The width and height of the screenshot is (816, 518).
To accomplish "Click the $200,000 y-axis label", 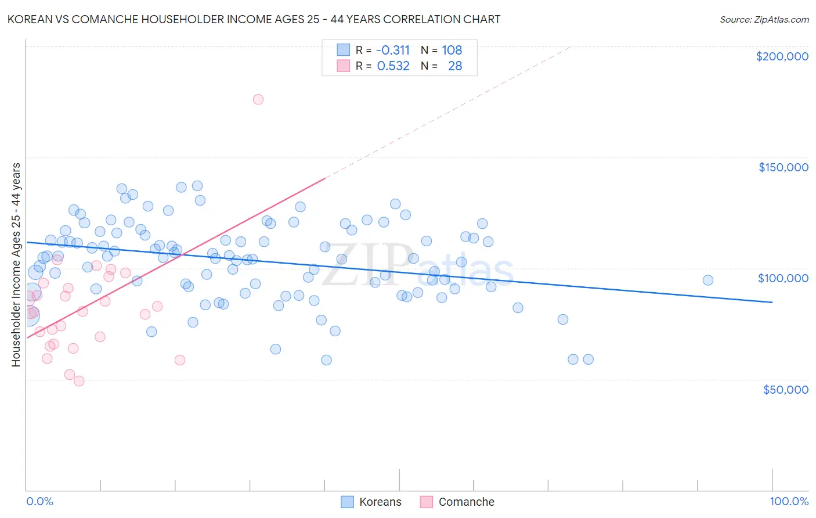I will [782, 56].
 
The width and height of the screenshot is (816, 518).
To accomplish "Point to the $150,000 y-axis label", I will [783, 167].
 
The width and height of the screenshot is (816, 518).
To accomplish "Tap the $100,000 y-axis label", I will [783, 278].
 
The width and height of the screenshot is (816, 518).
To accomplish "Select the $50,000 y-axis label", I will [785, 389].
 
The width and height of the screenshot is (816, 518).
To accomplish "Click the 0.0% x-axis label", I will [39, 501].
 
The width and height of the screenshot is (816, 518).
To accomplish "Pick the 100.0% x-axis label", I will [789, 501].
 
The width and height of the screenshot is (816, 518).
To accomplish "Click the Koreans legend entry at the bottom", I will [380, 502].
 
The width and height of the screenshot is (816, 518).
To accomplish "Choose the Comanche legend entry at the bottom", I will [466, 502].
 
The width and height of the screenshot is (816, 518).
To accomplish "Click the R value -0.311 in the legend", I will [393, 50].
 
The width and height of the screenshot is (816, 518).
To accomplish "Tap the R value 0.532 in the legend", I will [393, 66].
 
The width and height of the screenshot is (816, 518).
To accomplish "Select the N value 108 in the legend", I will [452, 50].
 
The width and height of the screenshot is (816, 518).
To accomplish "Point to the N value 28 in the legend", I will [455, 66].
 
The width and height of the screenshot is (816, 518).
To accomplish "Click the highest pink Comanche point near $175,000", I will [258, 99].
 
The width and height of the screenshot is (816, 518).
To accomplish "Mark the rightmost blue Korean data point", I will [708, 280].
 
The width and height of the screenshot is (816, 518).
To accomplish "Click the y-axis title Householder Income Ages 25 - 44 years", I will [16, 265].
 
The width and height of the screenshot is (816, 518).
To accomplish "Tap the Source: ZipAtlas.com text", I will [764, 20].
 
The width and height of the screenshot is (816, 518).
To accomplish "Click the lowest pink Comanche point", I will [79, 381].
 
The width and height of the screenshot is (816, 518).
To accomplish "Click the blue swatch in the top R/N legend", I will [344, 50].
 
